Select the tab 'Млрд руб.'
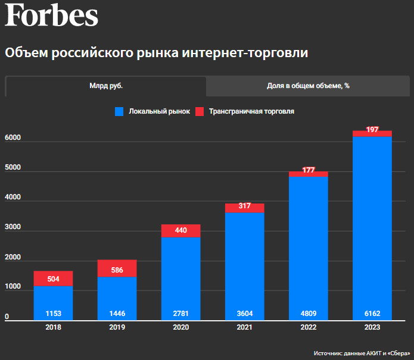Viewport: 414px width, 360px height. tap(106, 86)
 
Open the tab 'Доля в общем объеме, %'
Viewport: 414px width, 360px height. tap(308, 86)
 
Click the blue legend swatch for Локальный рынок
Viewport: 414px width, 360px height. tap(120, 111)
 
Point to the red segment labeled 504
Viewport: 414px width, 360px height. tap(53, 278)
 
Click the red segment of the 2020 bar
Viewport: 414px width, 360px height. tap(180, 231)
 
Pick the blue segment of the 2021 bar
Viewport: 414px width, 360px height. tap(244, 262)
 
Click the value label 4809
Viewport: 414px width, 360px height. tap(308, 314)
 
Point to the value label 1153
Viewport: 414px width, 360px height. tap(53, 314)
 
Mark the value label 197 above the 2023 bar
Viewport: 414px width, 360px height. tap(372, 130)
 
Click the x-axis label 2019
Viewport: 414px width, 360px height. tap(117, 327)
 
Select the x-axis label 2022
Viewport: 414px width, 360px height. tap(308, 327)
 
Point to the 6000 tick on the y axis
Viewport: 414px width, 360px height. tap(13, 138)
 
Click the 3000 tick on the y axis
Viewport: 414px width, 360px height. tap(13, 227)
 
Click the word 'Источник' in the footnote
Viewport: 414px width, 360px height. tap(328, 353)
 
